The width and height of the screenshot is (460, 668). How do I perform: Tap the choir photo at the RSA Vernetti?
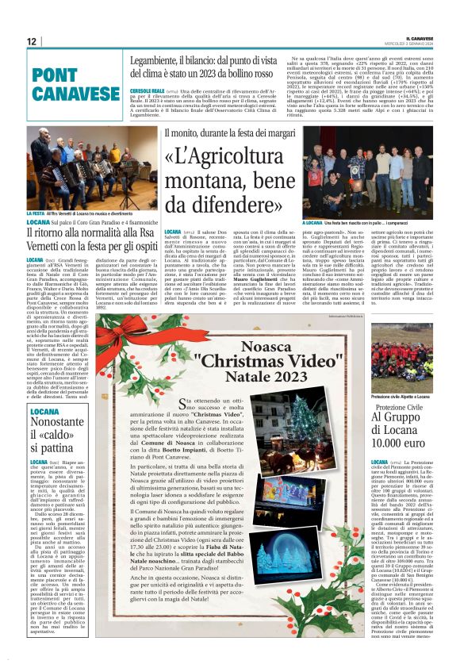click(70, 167)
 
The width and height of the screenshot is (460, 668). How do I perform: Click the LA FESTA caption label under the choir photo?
click(36, 214)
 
